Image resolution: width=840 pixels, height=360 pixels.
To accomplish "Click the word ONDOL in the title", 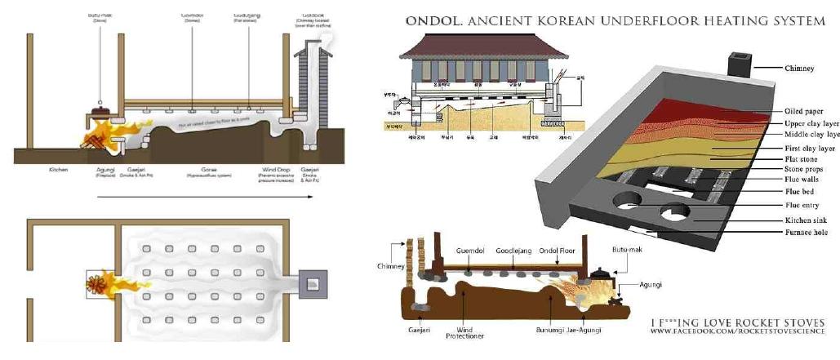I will [x=430, y=20].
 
